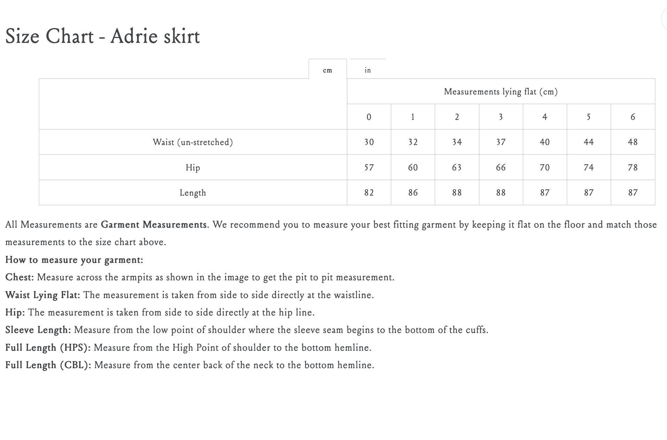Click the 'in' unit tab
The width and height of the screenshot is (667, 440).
368,70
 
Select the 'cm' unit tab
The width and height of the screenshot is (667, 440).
327,70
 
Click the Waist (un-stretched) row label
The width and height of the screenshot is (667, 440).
193,142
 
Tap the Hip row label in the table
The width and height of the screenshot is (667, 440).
193,168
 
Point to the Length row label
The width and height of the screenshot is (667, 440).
193,193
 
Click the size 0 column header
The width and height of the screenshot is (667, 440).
369,117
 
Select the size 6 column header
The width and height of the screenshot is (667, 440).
633,117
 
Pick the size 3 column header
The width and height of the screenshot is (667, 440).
501,117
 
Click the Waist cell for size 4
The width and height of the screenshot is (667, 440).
545,142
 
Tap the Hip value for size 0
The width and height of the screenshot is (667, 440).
369,168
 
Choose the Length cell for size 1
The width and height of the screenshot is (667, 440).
413,193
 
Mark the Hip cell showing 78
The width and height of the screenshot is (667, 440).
633,168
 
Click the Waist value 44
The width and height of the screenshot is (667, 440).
589,142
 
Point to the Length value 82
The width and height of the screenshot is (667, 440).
369,193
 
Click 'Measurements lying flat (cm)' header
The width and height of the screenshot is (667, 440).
501,92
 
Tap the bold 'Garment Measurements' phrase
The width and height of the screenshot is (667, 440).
154,225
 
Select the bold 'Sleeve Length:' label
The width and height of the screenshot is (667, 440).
38,330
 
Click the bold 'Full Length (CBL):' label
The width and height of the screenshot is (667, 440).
48,365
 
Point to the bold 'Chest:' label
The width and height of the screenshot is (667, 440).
20,277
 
